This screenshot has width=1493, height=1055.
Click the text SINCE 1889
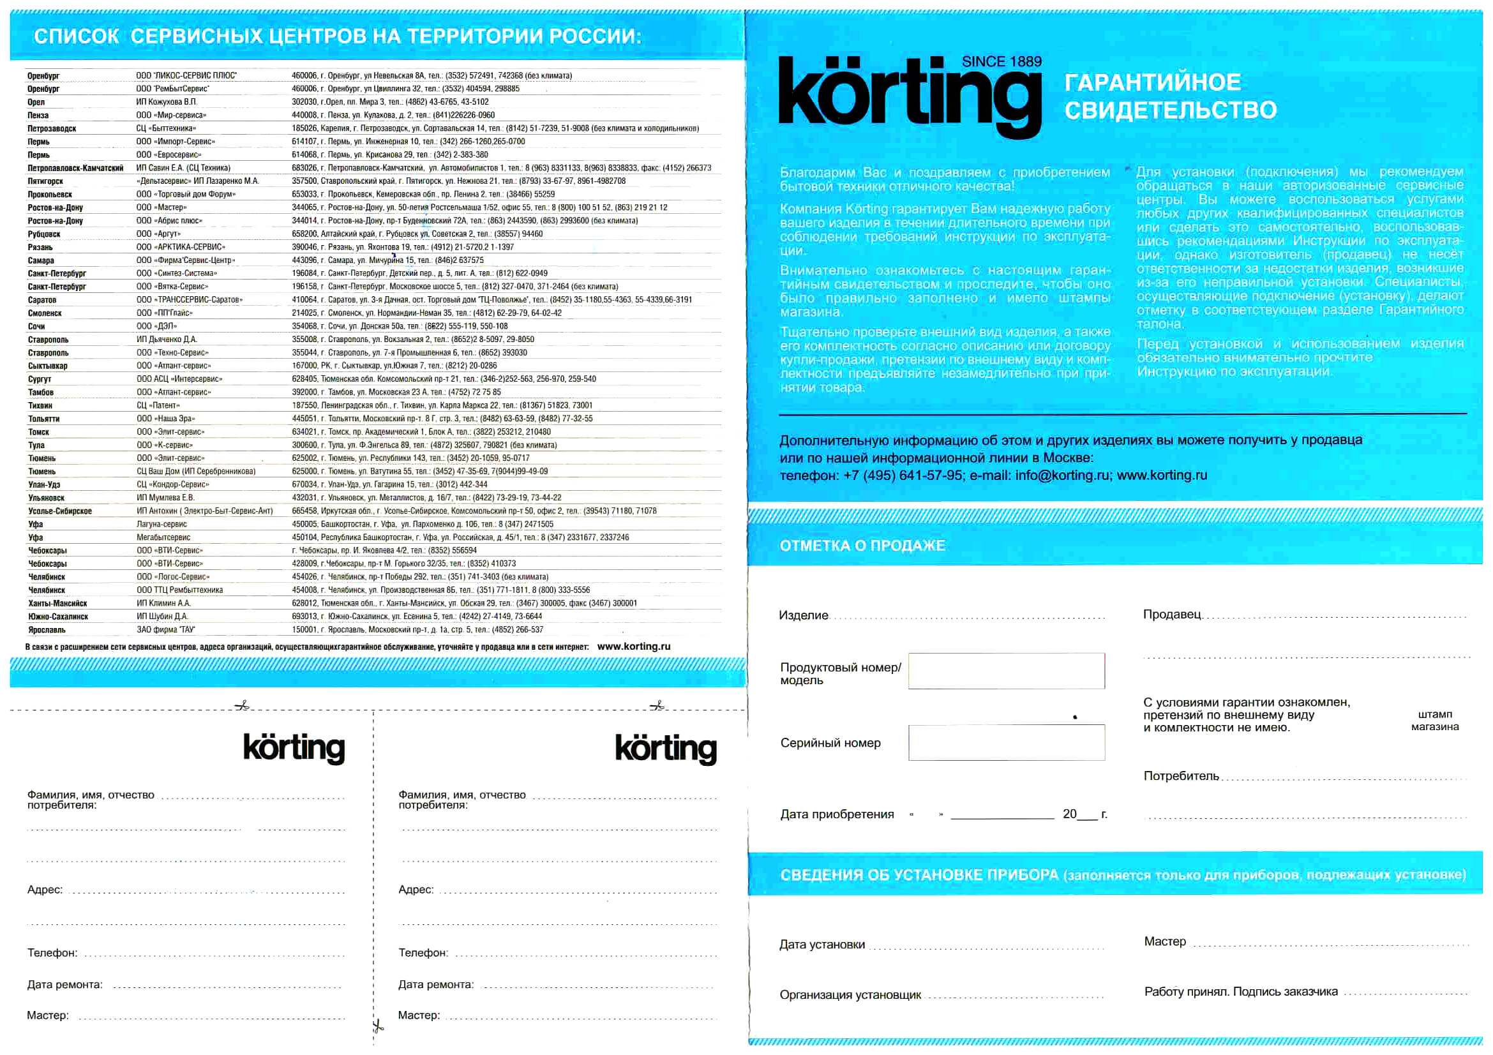pos(1001,62)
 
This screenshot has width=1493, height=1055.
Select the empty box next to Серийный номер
pos(1006,742)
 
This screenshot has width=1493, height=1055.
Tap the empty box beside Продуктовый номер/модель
pos(1006,671)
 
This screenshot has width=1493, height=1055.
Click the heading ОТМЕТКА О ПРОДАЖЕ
pos(862,546)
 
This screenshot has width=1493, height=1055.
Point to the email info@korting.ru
pos(1062,475)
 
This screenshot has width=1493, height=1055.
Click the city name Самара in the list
pos(41,260)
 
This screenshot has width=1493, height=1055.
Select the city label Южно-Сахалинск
pos(58,617)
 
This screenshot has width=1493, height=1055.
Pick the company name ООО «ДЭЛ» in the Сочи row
pos(156,326)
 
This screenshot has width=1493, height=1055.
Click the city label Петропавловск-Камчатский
pos(75,168)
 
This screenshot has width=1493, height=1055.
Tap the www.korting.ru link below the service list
pos(633,646)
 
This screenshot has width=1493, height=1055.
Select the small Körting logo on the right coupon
pos(665,748)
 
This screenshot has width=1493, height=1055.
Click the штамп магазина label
pos(1434,720)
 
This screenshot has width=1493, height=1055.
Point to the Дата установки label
pos(822,945)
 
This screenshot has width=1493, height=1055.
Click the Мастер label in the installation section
pos(1165,941)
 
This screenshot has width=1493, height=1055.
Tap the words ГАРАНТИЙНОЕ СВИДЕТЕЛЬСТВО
pos(1170,96)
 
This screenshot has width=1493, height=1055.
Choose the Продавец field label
pos(1172,614)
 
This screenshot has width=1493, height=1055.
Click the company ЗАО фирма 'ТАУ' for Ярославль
pos(165,629)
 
